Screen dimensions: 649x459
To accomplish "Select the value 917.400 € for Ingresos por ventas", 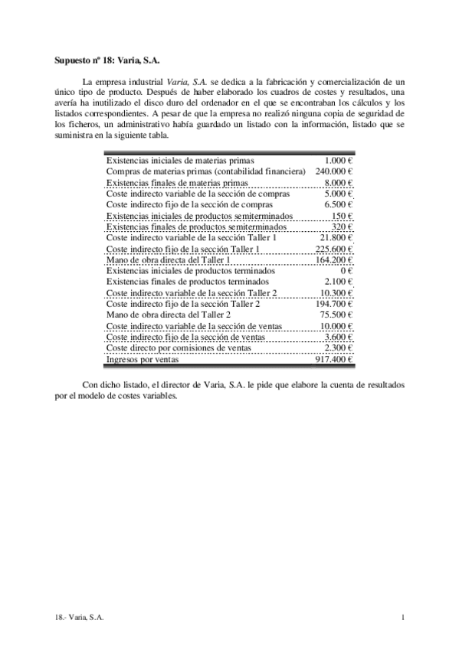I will pos(333,358).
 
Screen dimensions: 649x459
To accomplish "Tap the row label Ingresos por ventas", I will pos(142,358).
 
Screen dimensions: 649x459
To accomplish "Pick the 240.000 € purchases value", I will pos(333,171).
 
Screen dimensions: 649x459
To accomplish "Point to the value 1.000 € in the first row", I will pos(338,161).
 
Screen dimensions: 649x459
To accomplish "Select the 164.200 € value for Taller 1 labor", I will pos(333,259).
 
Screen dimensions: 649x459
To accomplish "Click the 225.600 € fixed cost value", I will pos(333,249).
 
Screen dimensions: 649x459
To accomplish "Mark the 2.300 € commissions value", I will pos(338,347).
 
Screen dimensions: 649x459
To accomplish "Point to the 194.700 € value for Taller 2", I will pos(333,304).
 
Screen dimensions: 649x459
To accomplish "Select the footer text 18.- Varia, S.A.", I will pos(80,617).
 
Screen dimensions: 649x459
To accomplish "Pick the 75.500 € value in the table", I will pos(336,315).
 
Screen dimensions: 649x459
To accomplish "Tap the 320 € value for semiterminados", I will pos(342,227).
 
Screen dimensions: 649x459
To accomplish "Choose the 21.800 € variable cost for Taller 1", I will pos(336,238).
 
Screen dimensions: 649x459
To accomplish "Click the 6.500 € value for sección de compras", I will pos(338,204).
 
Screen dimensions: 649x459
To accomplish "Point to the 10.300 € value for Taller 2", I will pos(336,293).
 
